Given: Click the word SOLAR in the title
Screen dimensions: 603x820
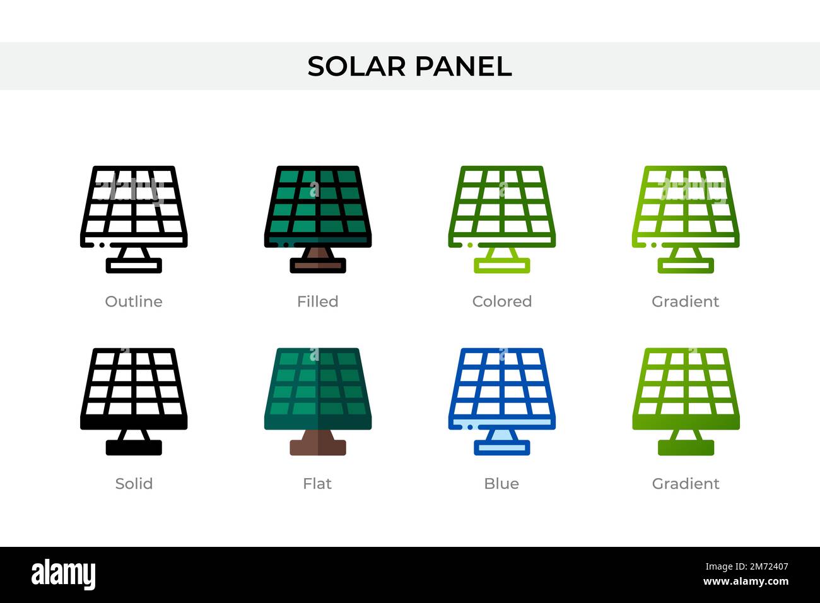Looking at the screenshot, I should tap(356, 66).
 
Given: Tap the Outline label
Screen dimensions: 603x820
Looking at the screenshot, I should tap(134, 301).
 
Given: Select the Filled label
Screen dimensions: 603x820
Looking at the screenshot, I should tap(317, 301).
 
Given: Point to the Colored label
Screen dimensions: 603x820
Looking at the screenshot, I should tap(501, 301).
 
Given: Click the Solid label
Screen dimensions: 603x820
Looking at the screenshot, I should tap(134, 484).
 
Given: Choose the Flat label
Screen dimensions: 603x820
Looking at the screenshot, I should tap(317, 484).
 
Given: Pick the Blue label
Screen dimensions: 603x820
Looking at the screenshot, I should tap(501, 484).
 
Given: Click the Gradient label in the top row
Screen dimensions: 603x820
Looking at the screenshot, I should tap(685, 301).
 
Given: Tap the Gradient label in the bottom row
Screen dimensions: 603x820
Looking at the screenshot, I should tap(685, 484).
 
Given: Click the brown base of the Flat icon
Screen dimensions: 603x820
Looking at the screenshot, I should tap(318, 448).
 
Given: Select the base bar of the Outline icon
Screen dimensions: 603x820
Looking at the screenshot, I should tap(134, 266).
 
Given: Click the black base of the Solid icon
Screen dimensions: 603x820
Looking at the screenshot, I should tap(134, 448).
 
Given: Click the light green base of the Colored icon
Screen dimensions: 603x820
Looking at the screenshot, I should tap(501, 266).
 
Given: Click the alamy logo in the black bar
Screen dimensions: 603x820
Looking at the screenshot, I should tap(64, 575).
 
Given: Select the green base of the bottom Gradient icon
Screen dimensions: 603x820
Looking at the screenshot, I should tap(686, 448).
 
